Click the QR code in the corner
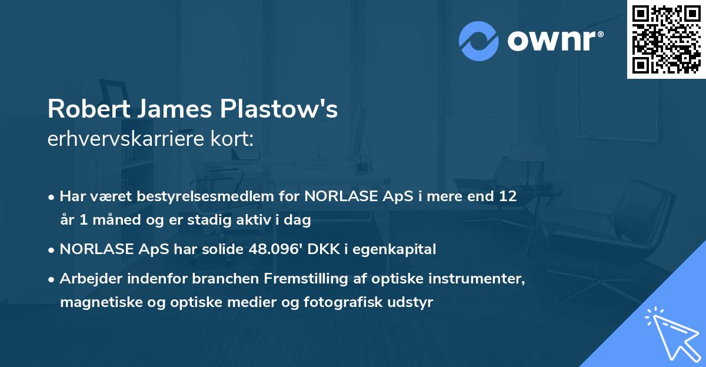point(666,39)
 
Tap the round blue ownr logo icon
point(478,41)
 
